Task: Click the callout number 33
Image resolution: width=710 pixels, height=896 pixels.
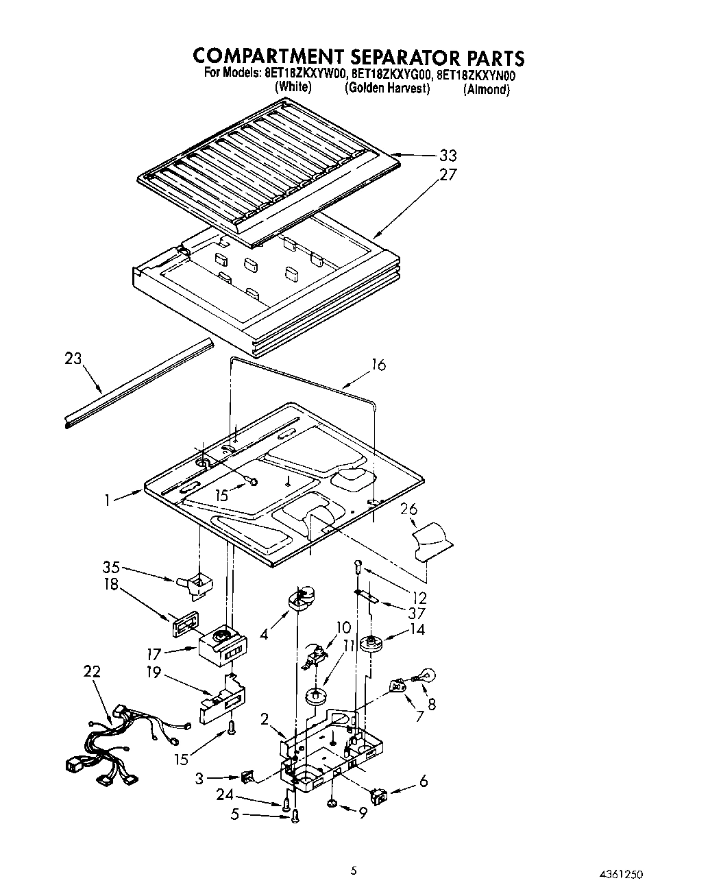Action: pos(448,156)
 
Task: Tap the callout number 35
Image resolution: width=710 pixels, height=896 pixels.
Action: pos(111,567)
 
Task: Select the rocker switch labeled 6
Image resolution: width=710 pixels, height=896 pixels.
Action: pos(378,795)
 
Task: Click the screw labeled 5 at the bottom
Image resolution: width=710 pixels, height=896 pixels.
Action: pos(295,816)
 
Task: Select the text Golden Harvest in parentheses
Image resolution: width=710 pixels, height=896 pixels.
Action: pos(387,88)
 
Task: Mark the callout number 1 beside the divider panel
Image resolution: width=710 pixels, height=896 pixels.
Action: pos(108,500)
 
